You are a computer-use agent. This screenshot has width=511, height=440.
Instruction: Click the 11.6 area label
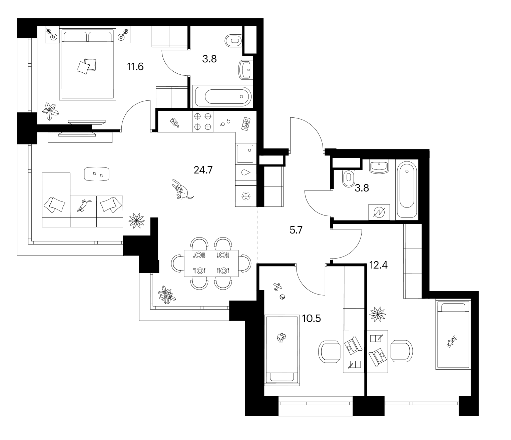point(135,67)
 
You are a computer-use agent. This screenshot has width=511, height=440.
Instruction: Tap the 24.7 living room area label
point(203,170)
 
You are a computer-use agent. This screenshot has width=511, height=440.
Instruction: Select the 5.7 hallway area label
point(296,230)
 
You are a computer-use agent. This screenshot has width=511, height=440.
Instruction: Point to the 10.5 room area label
point(311,319)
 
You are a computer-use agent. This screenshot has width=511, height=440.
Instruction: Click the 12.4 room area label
point(378,265)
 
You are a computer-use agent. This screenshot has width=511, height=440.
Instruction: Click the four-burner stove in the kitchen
point(203,121)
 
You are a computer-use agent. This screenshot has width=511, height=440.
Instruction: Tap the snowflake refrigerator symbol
point(246,196)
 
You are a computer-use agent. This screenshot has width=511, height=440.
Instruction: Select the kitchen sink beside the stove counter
point(245,154)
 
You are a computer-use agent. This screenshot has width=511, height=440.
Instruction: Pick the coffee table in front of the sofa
point(97,174)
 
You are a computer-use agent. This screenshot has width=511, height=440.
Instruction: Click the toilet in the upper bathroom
point(233,41)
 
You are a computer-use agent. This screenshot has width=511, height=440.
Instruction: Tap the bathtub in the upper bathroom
point(222,97)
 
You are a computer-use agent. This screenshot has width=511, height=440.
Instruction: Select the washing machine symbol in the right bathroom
point(379,212)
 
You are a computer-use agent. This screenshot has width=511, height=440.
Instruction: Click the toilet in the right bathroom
point(349,178)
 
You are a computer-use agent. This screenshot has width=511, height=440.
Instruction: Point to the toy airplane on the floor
point(278,287)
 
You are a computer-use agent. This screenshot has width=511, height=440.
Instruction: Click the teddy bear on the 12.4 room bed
point(452,342)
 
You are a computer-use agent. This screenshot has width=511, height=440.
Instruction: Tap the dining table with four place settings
point(211,263)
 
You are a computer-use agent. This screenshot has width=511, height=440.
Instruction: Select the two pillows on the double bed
point(86,66)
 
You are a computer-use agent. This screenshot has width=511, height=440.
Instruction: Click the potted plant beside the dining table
point(167,295)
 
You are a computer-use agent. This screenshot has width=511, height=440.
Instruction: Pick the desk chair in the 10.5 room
point(329,352)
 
